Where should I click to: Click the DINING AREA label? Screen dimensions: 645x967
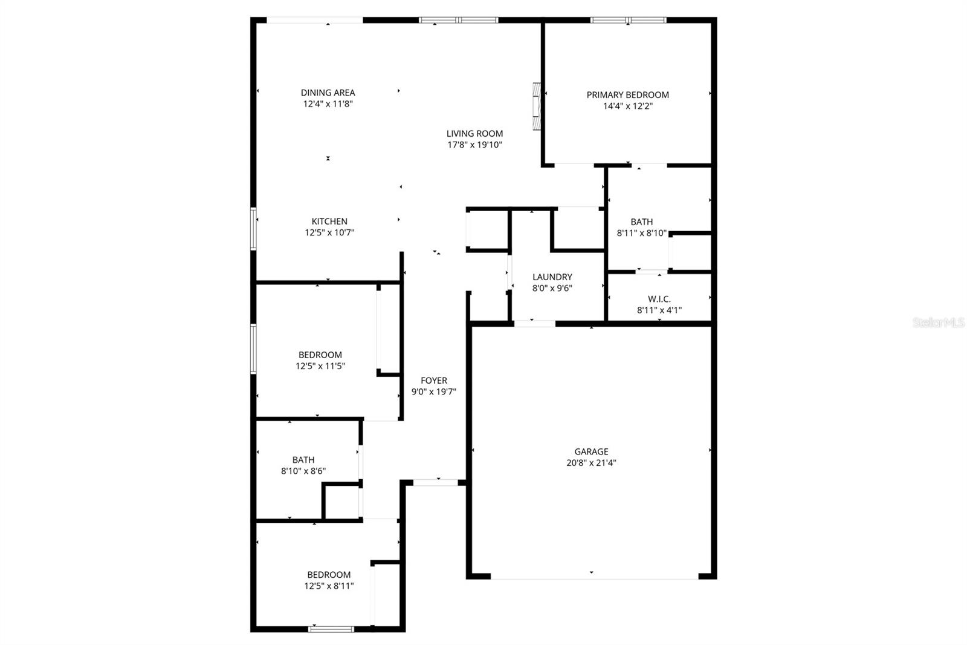coord(328,93)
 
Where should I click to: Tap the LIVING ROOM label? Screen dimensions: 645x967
coord(474,134)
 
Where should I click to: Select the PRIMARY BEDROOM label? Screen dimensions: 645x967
coord(627,95)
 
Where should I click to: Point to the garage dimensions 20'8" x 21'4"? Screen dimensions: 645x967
coord(591,463)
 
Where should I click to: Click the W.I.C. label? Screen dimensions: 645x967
coord(659,299)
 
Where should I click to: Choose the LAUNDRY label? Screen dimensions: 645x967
coord(552,277)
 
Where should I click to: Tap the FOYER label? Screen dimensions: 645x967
coord(433,381)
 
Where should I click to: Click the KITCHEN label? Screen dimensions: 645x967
coord(329,221)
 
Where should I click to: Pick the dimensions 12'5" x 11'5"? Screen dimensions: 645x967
coord(320,366)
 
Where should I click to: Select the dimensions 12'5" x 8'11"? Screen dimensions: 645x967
coord(329,586)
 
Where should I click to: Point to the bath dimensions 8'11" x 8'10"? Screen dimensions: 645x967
coord(641,232)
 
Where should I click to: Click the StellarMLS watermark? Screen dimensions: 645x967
coord(938,322)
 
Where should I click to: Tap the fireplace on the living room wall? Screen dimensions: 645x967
coord(536,106)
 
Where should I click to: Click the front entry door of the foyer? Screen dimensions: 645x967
coord(435,482)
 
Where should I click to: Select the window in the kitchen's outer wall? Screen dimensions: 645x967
coord(253,229)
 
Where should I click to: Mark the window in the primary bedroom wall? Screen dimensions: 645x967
coord(628,20)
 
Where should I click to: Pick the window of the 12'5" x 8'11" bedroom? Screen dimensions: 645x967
coord(331,629)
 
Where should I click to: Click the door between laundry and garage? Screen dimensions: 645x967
coord(534,324)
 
